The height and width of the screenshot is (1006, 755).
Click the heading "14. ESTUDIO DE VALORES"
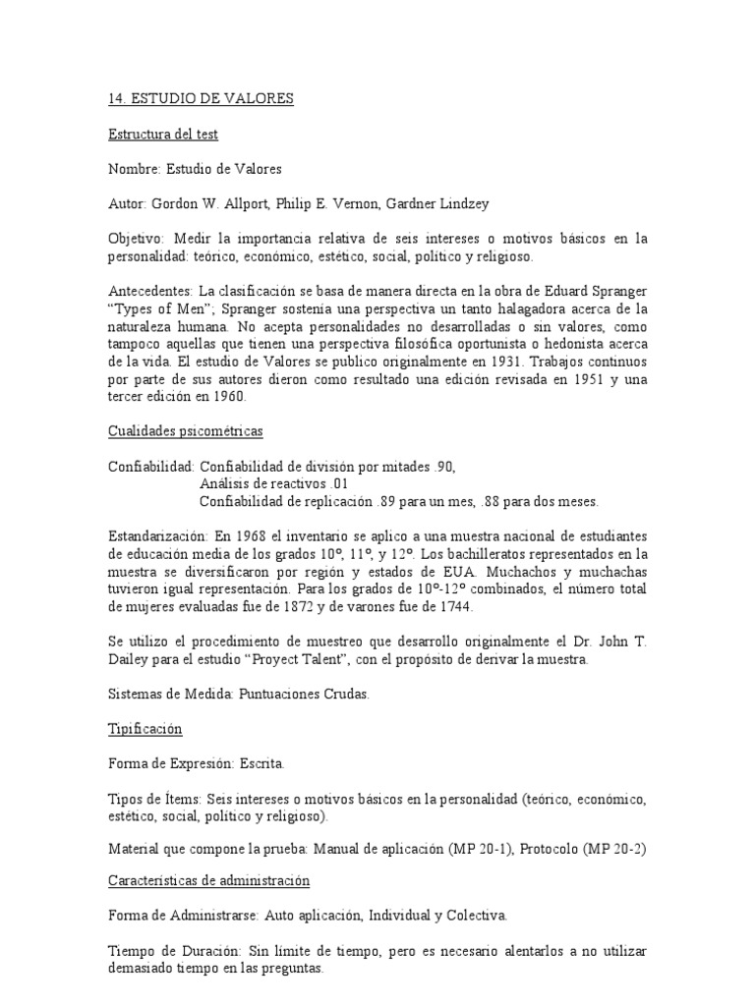pos(201,99)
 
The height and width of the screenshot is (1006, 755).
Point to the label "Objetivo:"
pos(138,239)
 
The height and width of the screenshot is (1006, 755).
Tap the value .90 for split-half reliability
pos(444,467)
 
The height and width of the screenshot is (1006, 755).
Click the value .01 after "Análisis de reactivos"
pos(336,484)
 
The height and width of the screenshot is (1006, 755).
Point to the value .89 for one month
pos(390,502)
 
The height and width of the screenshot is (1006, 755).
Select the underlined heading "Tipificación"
pos(145,730)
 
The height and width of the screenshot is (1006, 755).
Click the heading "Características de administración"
pos(208,881)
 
